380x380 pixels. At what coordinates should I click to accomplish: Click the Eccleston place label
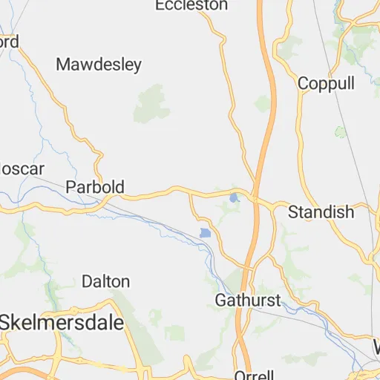click(x=191, y=5)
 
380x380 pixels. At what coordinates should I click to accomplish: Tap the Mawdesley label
click(x=99, y=65)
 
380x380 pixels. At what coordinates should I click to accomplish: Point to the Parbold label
click(x=95, y=186)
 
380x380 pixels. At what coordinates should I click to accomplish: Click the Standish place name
click(x=321, y=212)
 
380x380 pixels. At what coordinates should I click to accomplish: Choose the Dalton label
click(x=105, y=281)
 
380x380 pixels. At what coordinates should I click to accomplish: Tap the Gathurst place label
click(x=248, y=301)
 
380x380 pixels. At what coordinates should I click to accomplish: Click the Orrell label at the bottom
click(x=254, y=375)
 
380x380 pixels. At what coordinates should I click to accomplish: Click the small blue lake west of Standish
click(x=235, y=198)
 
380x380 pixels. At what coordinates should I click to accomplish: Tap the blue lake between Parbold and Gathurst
click(x=206, y=234)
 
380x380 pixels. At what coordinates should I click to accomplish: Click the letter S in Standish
click(x=292, y=212)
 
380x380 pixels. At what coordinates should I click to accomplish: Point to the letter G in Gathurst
click(x=220, y=301)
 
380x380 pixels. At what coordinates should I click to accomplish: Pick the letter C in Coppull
click(x=303, y=83)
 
